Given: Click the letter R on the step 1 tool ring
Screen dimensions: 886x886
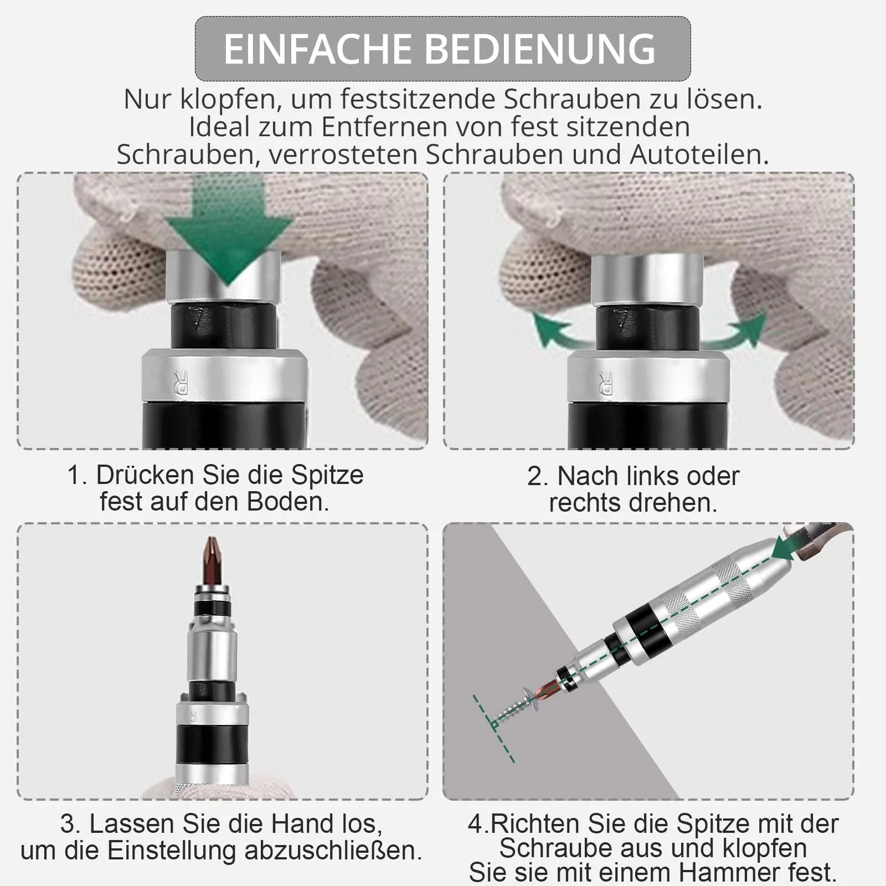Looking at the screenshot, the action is pyautogui.click(x=181, y=382).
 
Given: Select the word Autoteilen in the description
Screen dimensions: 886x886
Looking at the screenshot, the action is pyautogui.click(x=699, y=154).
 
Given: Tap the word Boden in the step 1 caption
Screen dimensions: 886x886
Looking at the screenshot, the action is pyautogui.click(x=287, y=502).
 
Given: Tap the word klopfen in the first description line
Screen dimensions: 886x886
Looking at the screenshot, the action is pyautogui.click(x=228, y=100).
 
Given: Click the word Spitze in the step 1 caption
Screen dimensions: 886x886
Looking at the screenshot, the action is pyautogui.click(x=327, y=476).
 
